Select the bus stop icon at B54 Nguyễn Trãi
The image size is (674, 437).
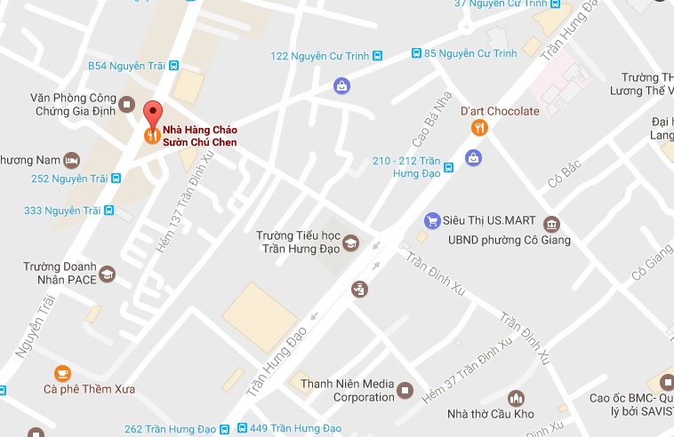(x=173, y=66)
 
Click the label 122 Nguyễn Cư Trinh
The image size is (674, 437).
(x=320, y=56)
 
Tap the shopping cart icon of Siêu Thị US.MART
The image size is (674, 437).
(x=432, y=220)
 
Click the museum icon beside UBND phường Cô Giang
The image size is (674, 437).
(x=551, y=223)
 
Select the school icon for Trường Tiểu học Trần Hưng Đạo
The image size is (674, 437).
(x=351, y=242)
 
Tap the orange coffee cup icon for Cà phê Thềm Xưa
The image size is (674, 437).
(x=61, y=372)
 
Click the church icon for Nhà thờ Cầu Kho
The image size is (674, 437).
(x=515, y=398)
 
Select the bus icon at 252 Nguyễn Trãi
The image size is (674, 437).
(x=116, y=179)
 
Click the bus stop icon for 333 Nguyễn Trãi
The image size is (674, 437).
(x=108, y=211)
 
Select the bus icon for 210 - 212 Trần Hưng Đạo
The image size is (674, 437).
(x=449, y=166)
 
